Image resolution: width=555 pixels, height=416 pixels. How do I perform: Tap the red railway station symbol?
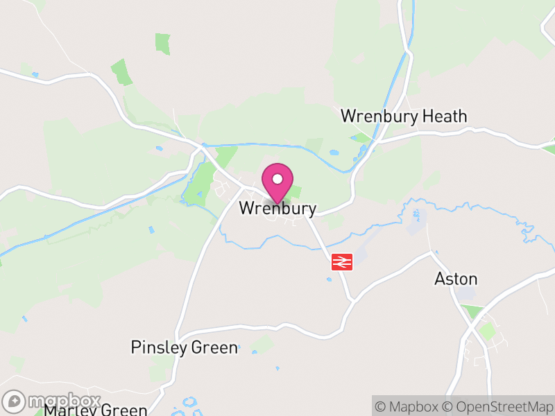pyautogui.click(x=342, y=261)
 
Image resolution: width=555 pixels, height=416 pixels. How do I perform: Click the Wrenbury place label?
pyautogui.click(x=277, y=208)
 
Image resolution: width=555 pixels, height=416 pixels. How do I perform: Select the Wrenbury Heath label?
pyautogui.click(x=404, y=116)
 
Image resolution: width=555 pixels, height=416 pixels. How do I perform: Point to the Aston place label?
pyautogui.click(x=456, y=279)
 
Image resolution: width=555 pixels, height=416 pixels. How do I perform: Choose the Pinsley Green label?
pyautogui.click(x=184, y=347)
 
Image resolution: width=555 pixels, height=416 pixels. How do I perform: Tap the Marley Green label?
pyautogui.click(x=95, y=410)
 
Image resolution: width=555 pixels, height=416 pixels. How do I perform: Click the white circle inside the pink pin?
pyautogui.click(x=277, y=179)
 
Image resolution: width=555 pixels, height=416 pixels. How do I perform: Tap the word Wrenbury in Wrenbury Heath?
pyautogui.click(x=379, y=116)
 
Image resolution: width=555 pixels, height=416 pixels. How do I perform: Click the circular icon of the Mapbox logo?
pyautogui.click(x=15, y=401)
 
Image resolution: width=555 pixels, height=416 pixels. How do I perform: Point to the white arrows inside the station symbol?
pyautogui.click(x=342, y=261)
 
